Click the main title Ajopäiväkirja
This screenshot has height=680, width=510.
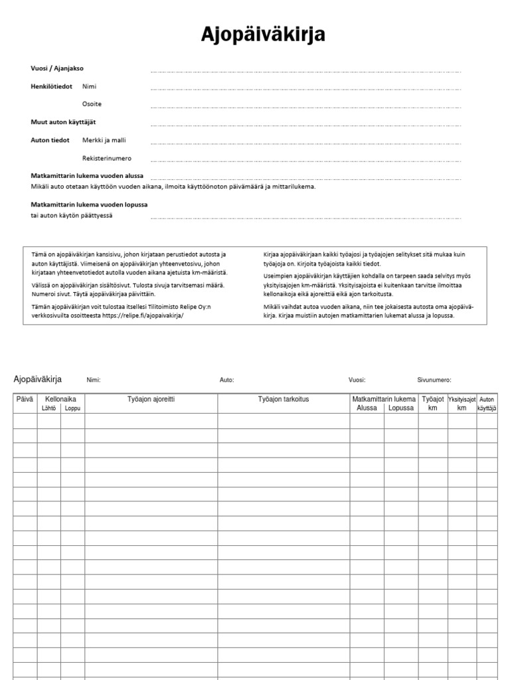264,35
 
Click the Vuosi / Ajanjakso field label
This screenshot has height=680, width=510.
57,68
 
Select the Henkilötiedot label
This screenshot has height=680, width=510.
51,86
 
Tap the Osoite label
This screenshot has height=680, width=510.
92,104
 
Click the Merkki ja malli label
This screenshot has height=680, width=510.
104,140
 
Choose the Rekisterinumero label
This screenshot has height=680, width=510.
107,159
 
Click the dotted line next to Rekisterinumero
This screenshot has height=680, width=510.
305,161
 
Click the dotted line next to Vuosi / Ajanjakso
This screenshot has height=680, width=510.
305,70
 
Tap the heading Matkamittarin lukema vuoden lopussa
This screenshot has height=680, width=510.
90,205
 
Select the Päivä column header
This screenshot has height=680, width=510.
25,399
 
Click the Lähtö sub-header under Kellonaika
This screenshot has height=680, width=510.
49,408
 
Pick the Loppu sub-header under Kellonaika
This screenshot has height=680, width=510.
72,408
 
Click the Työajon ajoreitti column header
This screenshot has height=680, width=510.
151,399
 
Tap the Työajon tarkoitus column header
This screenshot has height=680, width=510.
284,399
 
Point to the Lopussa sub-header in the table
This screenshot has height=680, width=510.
401,408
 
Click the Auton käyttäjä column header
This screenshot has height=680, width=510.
487,404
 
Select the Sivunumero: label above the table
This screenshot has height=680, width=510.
434,380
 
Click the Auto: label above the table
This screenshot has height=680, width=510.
226,380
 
